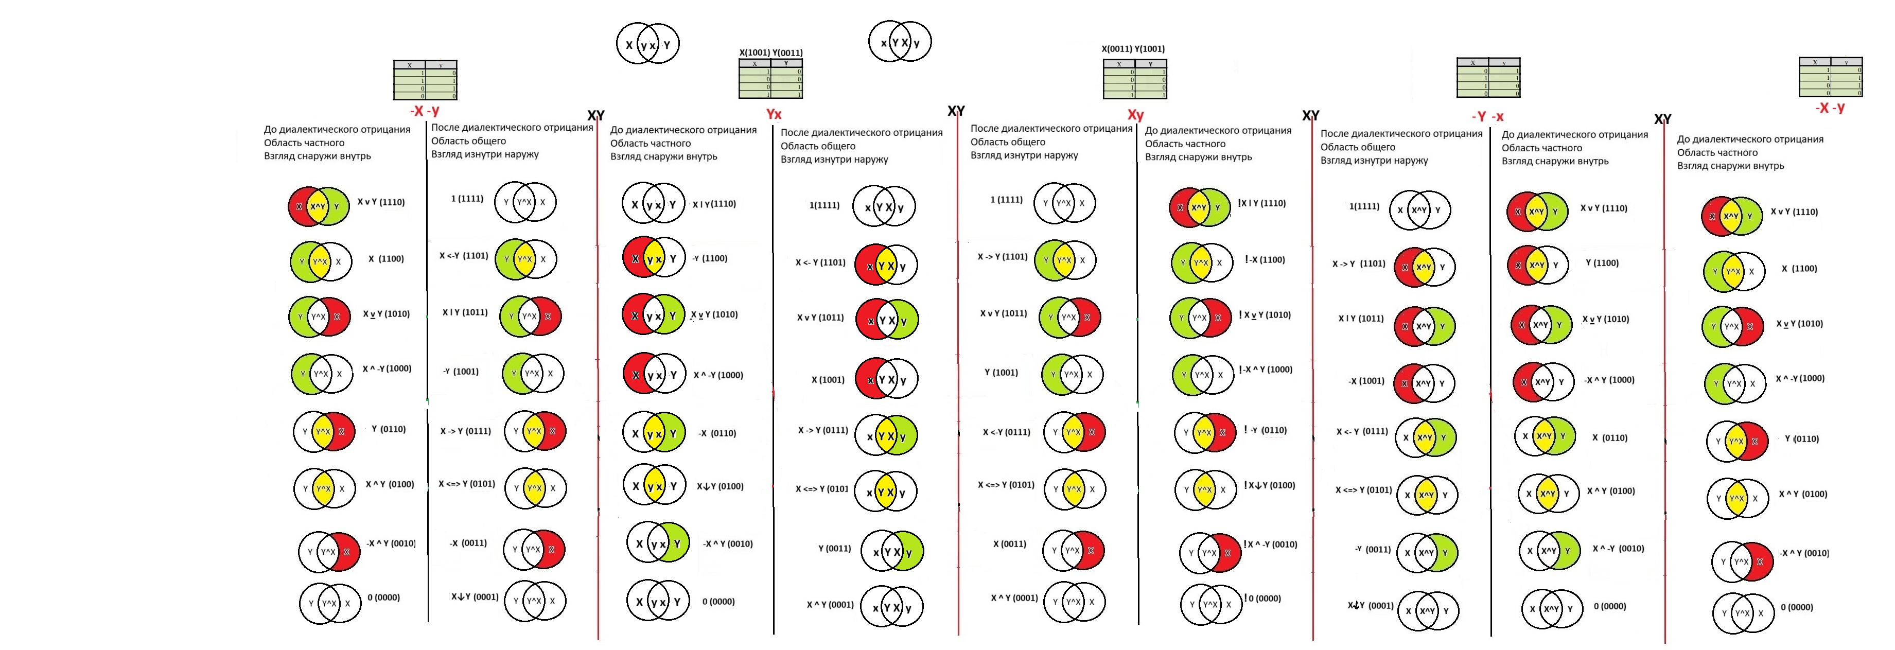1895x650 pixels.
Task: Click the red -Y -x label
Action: [1487, 117]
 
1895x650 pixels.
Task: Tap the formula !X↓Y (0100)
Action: [1269, 485]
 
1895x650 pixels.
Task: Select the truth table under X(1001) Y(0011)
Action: [770, 79]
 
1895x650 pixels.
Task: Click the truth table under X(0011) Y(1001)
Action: [1134, 79]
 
